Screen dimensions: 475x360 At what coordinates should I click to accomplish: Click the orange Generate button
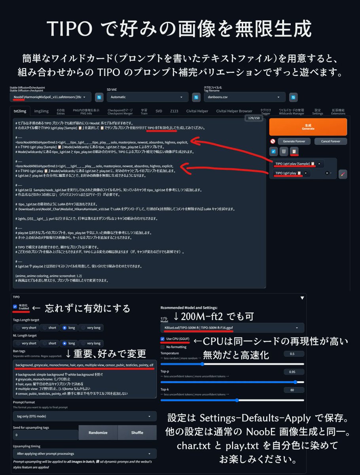pyautogui.click(x=308, y=127)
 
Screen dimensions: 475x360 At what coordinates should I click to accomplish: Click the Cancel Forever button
pyautogui.click(x=331, y=141)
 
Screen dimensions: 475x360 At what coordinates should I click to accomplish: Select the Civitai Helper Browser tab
pyautogui.click(x=234, y=111)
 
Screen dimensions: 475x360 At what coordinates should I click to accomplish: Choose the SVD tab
pyautogui.click(x=159, y=111)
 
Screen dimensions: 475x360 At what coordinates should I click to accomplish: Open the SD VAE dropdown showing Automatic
pyautogui.click(x=148, y=97)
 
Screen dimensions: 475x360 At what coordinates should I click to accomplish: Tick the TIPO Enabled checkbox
pyautogui.click(x=15, y=306)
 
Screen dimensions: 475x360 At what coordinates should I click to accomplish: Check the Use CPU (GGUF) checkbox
pyautogui.click(x=163, y=339)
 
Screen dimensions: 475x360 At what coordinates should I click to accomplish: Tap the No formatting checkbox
pyautogui.click(x=163, y=347)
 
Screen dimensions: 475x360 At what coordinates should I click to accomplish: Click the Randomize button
pyautogui.click(x=98, y=433)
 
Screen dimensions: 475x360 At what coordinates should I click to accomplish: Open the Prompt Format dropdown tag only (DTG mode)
pyautogui.click(x=85, y=416)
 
